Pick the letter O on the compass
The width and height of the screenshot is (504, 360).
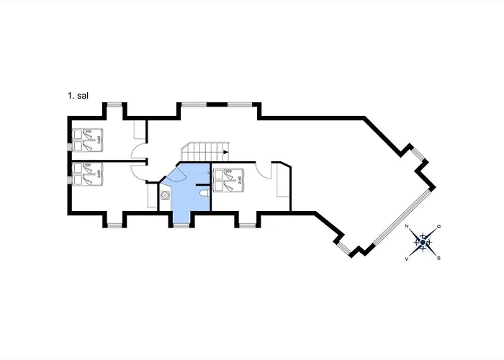coord(438,227)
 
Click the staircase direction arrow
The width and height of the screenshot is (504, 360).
coord(225,153)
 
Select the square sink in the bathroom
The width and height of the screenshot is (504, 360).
coord(165,194)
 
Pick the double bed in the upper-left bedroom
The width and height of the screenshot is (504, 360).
coord(86,139)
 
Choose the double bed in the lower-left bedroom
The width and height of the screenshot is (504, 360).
coord(86,175)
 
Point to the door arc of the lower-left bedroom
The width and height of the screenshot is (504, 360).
coord(141,169)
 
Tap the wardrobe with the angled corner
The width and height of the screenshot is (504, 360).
coord(283,184)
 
